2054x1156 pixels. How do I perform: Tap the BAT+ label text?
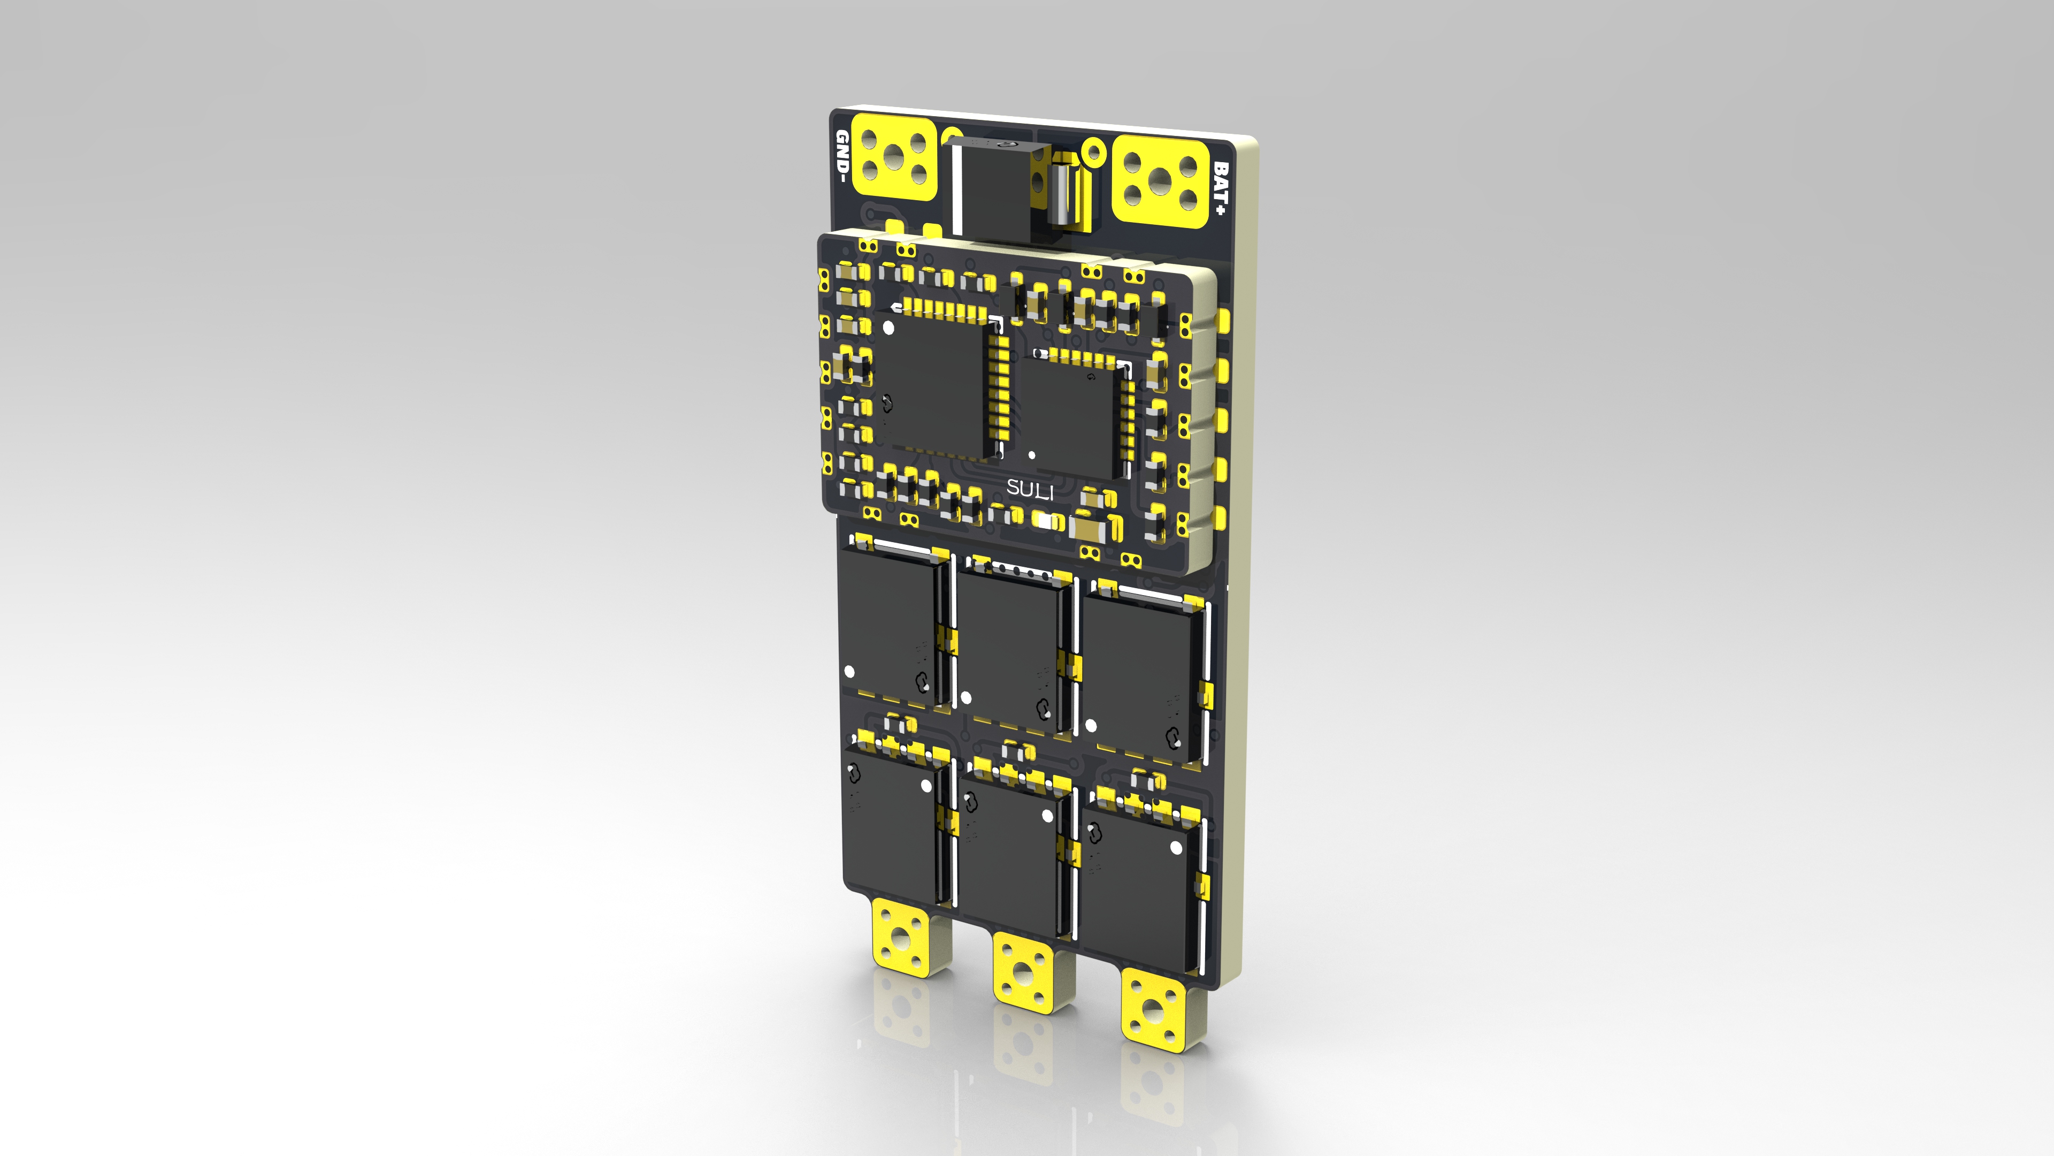tap(1221, 189)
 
